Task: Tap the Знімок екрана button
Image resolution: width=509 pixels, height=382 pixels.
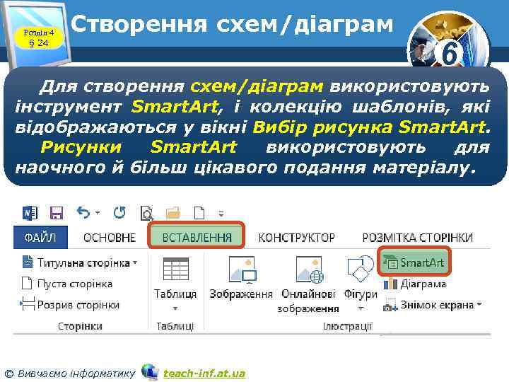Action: [432, 305]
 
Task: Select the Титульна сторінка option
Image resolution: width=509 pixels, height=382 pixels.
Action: [78, 262]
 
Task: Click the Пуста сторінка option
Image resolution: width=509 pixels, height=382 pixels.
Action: [66, 284]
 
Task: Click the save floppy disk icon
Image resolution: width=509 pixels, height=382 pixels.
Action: [57, 212]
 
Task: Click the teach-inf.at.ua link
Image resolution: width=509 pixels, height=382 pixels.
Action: [204, 373]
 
